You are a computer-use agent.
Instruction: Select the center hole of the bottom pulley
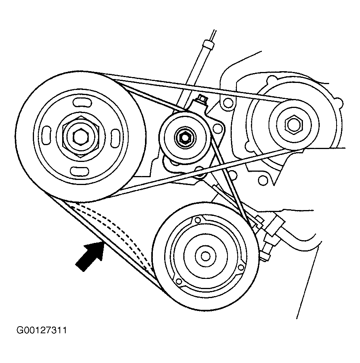coord(205,256)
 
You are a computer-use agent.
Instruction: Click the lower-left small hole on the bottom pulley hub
coord(179,281)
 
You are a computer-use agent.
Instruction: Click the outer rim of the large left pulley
coord(27,133)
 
